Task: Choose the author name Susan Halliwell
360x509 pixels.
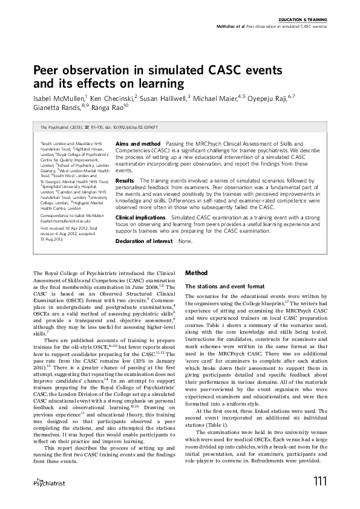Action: coord(167,97)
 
